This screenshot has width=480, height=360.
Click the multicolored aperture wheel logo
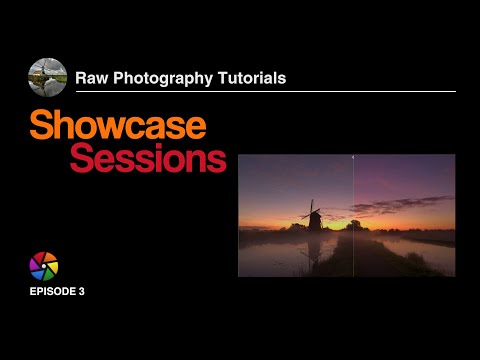(44, 266)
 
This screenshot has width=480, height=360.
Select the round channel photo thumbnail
(48, 77)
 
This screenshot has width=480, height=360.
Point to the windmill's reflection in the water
(315, 250)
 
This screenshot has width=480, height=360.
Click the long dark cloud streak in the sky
(400, 208)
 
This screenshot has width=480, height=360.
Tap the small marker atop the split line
(353, 156)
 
